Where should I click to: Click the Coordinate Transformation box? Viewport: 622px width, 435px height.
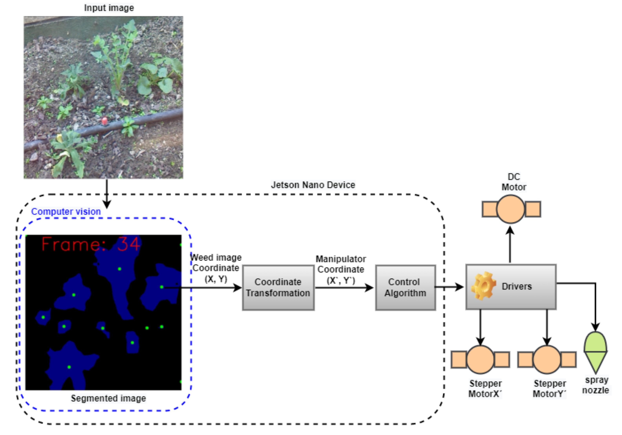[x=278, y=288]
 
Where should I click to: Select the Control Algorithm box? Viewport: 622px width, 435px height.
[x=405, y=288]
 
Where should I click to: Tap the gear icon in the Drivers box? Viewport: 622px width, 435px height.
[x=484, y=286]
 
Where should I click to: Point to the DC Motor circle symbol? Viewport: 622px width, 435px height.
[x=510, y=209]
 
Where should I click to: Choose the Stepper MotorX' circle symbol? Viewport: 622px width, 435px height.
[x=480, y=359]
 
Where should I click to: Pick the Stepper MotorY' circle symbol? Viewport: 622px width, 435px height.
[x=547, y=359]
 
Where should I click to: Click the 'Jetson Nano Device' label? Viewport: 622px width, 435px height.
[x=313, y=185]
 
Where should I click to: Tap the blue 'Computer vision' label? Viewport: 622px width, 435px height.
[x=66, y=212]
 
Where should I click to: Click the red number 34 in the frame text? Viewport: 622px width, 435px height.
[x=129, y=244]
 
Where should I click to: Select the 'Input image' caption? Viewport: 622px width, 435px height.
[x=109, y=8]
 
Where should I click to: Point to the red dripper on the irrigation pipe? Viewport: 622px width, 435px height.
[x=104, y=121]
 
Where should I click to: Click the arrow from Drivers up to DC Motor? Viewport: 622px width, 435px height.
[x=510, y=244]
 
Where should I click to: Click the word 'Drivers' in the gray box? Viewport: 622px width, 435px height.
[x=517, y=286]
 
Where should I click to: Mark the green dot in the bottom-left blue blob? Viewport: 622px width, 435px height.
[x=69, y=367]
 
